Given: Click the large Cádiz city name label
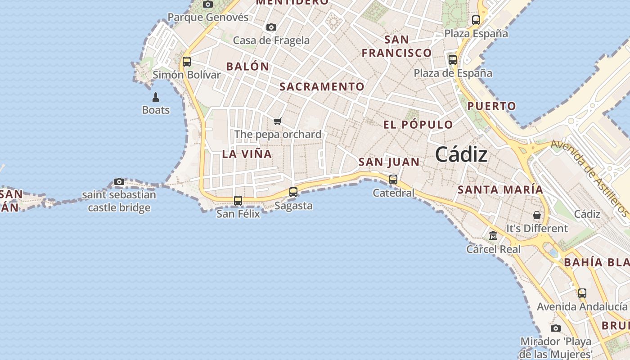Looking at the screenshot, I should pos(461,155).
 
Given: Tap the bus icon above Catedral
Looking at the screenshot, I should pos(393,179).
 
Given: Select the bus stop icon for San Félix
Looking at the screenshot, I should pos(238,200).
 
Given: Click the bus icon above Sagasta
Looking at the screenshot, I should pos(293,192).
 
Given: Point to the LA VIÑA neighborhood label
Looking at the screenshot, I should pos(247,154).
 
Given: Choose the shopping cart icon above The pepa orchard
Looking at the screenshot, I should pos(278,121).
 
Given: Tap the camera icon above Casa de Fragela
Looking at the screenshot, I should pos(271,27).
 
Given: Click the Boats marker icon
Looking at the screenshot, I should pos(156,97).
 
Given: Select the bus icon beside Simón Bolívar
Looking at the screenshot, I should pos(187,61).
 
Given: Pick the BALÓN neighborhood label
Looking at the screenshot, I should pos(247,67).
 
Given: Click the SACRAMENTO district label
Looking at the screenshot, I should pos(322,87).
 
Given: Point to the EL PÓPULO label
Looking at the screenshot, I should pos(418,125).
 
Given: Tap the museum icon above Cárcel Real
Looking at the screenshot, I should pos(493,235).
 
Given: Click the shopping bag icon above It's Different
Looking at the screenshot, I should pos(537,215).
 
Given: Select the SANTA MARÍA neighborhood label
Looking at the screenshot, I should pos(500,190).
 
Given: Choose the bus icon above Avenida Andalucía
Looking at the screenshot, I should pos(582,293).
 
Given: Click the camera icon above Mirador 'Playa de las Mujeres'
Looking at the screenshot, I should pos(556,328).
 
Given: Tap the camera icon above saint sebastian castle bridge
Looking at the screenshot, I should pos(119,181).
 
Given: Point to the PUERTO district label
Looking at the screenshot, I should pos(491,107).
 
